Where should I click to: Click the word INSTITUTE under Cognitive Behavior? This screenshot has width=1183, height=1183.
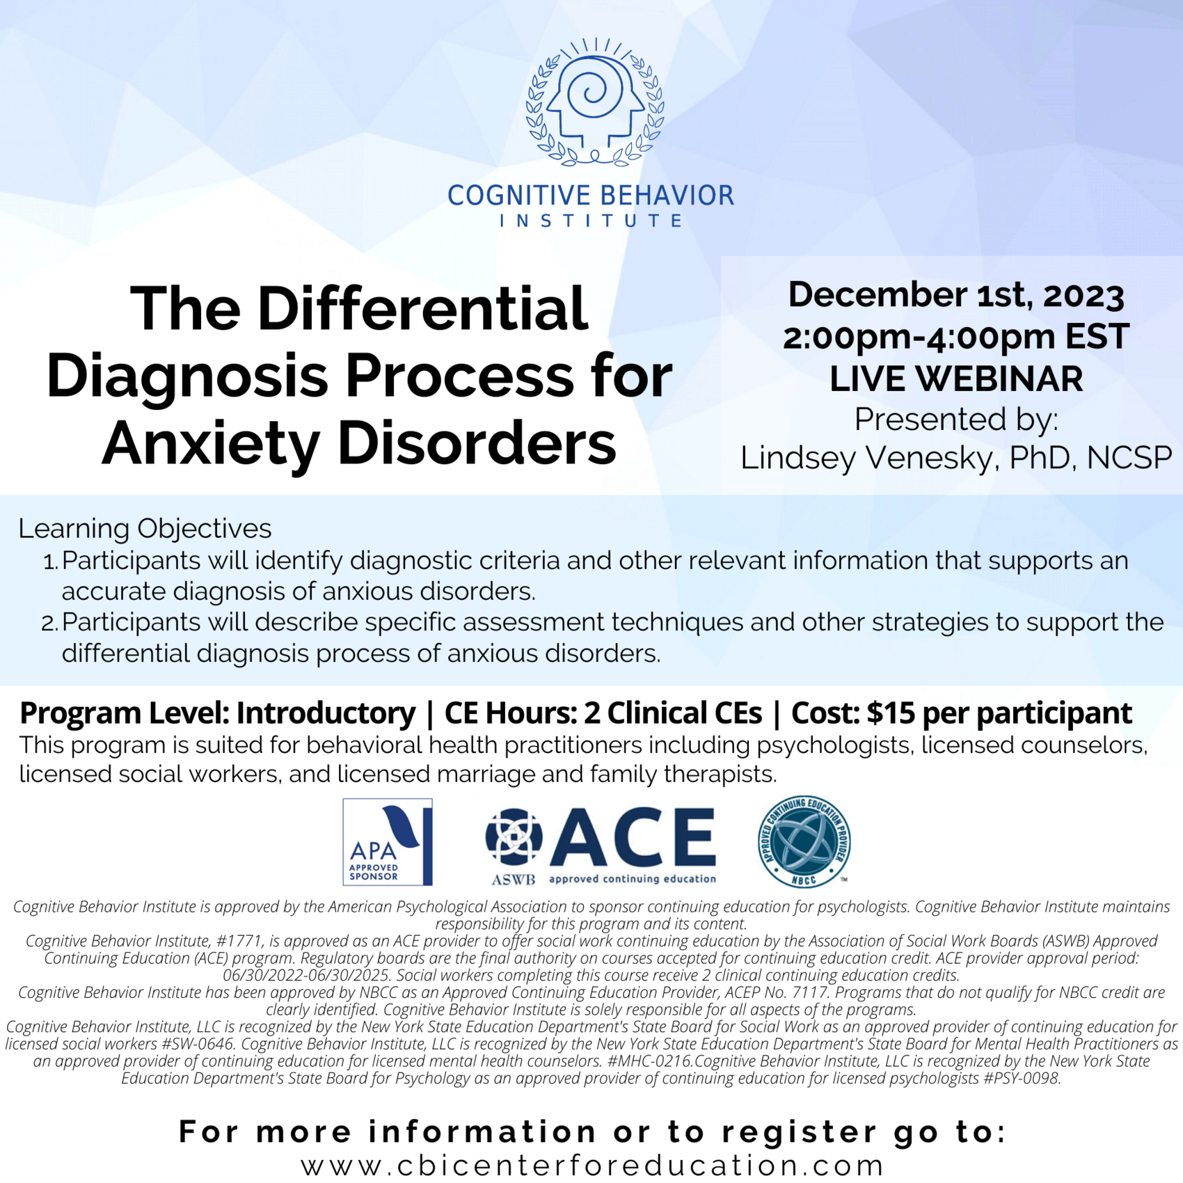point(591,221)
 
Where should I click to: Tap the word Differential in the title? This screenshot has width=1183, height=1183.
point(422,309)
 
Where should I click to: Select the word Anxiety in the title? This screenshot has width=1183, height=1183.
point(211,444)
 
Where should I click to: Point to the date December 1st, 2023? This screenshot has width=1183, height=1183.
point(955,294)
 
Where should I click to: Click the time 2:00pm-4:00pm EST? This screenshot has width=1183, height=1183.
point(955,337)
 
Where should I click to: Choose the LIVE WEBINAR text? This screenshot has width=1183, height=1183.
point(955,379)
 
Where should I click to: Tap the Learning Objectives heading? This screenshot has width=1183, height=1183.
point(145,528)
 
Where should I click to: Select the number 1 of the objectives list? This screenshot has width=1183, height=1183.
point(50,562)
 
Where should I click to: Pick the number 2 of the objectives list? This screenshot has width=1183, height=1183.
point(49,623)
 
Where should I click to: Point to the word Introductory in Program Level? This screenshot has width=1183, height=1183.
point(326,713)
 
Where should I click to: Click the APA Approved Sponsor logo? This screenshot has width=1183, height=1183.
point(388,842)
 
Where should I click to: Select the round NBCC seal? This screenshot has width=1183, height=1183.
point(804,842)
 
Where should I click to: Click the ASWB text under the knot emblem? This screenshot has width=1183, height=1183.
point(514,880)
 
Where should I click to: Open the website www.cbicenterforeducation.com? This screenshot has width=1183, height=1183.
point(592,1165)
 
